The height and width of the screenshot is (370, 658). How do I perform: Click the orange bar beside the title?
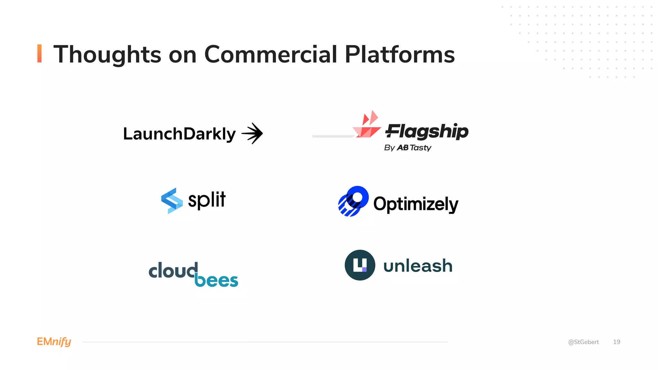pos(40,53)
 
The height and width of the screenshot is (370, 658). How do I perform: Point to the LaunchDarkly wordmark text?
pos(179,134)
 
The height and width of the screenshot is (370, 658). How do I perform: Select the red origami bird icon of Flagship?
pos(367,125)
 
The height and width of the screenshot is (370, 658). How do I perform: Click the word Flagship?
pos(427,131)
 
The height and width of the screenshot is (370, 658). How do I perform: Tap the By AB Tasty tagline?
pos(407,148)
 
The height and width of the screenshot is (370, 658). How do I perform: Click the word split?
pos(207,200)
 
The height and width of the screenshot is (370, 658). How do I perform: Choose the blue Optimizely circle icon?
pos(353,201)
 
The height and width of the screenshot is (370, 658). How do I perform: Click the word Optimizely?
pos(416,204)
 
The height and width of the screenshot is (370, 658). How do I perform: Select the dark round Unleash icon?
pos(360,265)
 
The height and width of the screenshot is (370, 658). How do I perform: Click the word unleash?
pos(418,266)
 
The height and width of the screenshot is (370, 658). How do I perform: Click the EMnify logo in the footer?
pos(54,342)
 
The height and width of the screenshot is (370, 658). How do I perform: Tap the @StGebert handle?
pos(583,342)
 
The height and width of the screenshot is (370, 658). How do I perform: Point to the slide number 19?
pos(617,342)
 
